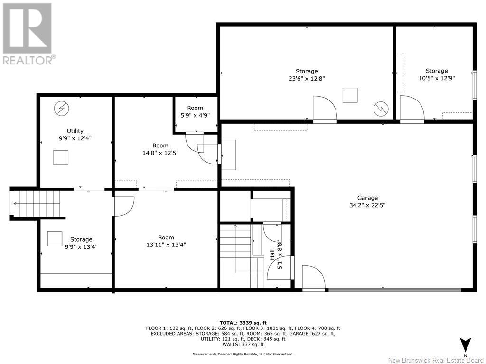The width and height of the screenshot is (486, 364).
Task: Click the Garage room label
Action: [x=367, y=198]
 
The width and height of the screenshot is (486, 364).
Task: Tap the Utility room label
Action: [x=75, y=131]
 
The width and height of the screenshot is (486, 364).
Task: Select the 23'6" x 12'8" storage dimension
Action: [x=307, y=79]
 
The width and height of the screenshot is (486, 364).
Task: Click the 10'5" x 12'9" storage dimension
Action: [x=437, y=78]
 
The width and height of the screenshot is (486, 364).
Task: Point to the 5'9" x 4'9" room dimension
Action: [x=195, y=116]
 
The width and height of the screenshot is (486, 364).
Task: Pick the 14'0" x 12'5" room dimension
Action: [x=160, y=153]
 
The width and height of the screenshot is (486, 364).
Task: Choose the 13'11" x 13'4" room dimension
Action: [x=166, y=245]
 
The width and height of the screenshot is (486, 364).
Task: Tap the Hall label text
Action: [x=272, y=255]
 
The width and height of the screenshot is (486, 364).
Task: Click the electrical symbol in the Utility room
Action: [x=61, y=109]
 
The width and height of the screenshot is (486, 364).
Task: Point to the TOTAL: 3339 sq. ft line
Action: [x=243, y=323]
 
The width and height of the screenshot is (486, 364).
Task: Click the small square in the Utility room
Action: [x=61, y=157]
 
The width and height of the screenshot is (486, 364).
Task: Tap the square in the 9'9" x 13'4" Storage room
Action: [x=55, y=239]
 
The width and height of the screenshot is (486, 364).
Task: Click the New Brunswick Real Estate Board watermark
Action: [x=436, y=360]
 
